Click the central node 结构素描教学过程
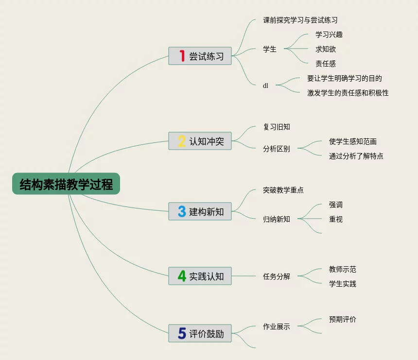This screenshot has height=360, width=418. tap(66, 184)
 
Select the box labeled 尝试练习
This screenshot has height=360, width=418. tap(200, 56)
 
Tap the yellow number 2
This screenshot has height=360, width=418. tap(182, 141)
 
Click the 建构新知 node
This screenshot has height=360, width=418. tap(200, 211)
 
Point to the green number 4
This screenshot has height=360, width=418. tap(182, 276)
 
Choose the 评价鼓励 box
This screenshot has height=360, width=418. tap(200, 333)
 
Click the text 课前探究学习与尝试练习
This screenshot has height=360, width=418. tap(300, 20)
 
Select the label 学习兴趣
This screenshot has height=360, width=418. tap(329, 34)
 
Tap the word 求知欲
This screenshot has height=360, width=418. tap(326, 49)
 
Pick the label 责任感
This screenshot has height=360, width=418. tap(326, 64)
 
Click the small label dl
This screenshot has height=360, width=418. tap(265, 86)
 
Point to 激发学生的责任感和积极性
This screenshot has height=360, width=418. tap(348, 93)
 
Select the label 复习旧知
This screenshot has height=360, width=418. tap(277, 127)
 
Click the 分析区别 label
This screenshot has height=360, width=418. tap(277, 149)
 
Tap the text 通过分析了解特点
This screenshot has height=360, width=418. tap(356, 156)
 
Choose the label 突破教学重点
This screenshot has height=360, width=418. tap(283, 190)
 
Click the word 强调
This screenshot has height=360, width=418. tap(336, 205)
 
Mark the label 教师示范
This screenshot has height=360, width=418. tap(343, 269)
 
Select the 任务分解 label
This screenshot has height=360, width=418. tap(277, 276)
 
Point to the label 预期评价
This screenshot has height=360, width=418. tap(343, 319)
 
